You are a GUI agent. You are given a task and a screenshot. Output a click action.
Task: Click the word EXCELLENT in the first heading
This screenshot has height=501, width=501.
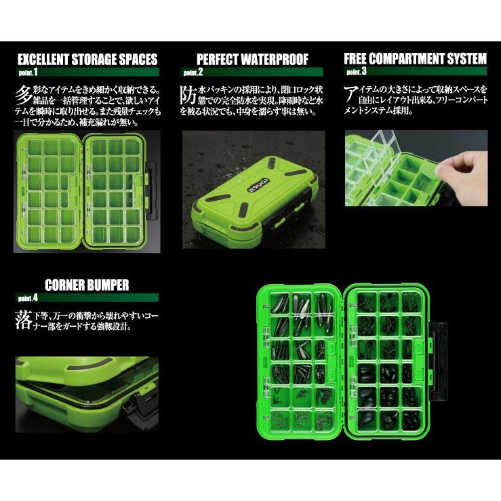pyautogui.click(x=47, y=59)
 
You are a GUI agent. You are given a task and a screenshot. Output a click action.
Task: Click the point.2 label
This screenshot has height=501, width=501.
pyautogui.click(x=193, y=71)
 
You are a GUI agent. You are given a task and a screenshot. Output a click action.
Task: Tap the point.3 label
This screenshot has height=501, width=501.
pyautogui.click(x=356, y=71)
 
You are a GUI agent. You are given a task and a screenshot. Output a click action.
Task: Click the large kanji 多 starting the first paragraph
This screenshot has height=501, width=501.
pyautogui.click(x=22, y=93)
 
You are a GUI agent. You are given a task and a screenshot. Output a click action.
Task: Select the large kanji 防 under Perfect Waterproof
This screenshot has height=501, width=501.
pyautogui.click(x=188, y=93)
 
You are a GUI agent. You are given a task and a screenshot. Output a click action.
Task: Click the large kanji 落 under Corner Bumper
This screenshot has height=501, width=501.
pyautogui.click(x=22, y=319)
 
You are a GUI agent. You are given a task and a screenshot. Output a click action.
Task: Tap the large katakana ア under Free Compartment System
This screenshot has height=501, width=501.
pyautogui.click(x=351, y=93)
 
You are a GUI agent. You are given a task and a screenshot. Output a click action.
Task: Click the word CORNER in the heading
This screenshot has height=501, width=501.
pyautogui.click(x=65, y=285)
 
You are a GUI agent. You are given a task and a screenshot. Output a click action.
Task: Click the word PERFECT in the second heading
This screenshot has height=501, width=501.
pyautogui.click(x=218, y=59)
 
